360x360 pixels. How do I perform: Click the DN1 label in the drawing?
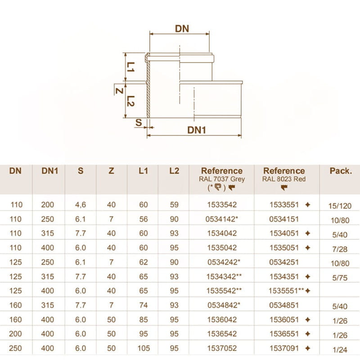pyautogui.click(x=197, y=130)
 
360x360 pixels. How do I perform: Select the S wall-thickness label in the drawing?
pyautogui.click(x=139, y=122)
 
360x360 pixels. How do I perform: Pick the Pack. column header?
pyautogui.click(x=341, y=171)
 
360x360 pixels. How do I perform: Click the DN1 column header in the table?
pyautogui.click(x=49, y=171)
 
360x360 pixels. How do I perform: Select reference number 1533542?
pyautogui.click(x=221, y=205)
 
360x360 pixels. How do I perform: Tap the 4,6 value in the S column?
pyautogui.click(x=81, y=205)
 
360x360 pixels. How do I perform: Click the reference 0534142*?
pyautogui.click(x=223, y=219)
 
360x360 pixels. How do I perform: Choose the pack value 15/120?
pyautogui.click(x=340, y=206)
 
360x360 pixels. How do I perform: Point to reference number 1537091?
pyautogui.click(x=284, y=348)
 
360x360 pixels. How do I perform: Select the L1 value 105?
pyautogui.click(x=144, y=348)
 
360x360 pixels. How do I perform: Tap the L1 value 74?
pyautogui.click(x=144, y=305)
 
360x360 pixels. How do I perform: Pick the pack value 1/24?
pyautogui.click(x=340, y=349)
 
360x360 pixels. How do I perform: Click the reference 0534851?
pyautogui.click(x=284, y=305)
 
